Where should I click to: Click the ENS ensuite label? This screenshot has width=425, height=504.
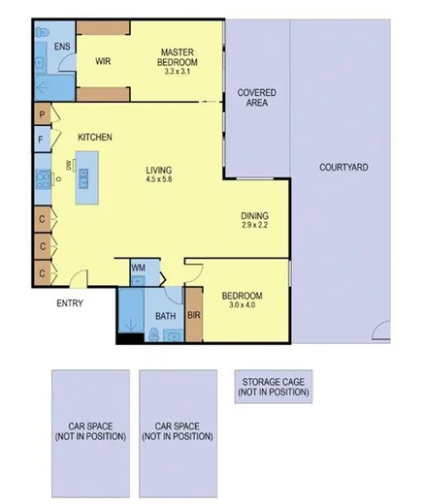point(62,47)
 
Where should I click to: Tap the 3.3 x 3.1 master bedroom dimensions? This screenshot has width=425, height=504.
point(180,71)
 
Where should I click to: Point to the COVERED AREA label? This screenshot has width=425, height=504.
point(257,99)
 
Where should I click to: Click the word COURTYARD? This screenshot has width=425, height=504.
point(343,168)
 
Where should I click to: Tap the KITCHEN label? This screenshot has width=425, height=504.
point(96,138)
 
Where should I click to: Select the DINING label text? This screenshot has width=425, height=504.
point(254,216)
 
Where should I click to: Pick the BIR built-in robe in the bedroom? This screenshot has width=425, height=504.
point(193,314)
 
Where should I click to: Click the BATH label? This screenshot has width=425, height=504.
point(165,316)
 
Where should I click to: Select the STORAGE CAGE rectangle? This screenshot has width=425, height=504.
point(273,388)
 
